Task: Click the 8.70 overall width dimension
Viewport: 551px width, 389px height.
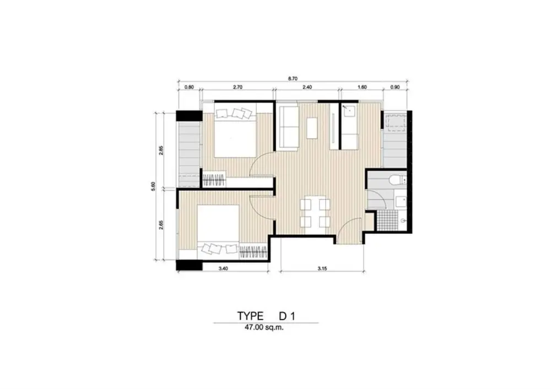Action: (293, 79)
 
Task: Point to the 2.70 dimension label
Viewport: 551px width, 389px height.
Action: (237, 88)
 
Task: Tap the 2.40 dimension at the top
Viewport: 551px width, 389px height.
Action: (307, 88)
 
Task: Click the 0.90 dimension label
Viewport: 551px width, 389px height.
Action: (395, 88)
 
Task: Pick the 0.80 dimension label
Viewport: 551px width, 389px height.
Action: (189, 88)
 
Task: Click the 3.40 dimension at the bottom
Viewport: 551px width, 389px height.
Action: (223, 269)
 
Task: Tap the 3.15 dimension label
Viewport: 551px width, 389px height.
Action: (322, 269)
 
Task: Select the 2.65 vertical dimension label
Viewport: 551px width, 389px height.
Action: (161, 225)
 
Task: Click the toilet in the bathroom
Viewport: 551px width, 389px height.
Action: (398, 180)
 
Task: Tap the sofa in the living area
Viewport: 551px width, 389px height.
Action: (289, 128)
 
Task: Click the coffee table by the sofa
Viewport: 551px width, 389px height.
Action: (312, 128)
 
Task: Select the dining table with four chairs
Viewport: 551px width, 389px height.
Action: (315, 213)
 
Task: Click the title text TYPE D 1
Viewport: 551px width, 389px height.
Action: (266, 316)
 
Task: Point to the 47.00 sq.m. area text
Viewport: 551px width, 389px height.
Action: (264, 328)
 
